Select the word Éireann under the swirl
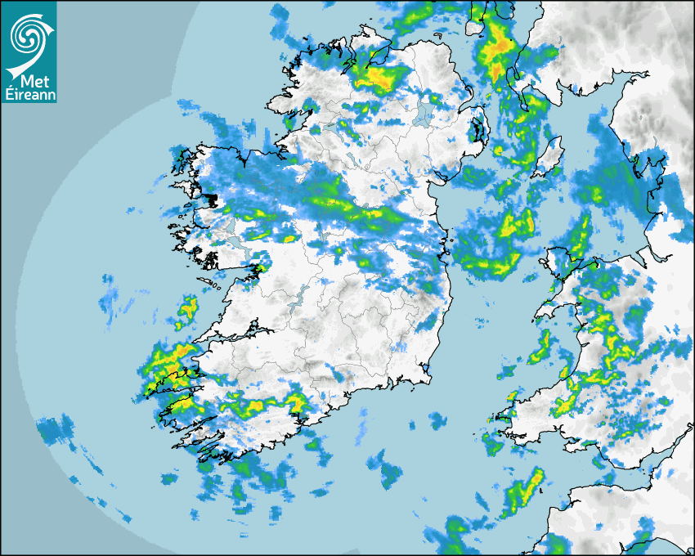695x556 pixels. click(29, 96)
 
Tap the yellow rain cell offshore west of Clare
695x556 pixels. click(188, 308)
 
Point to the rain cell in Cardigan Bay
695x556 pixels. click(539, 347)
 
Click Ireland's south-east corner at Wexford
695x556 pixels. click(425, 376)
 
